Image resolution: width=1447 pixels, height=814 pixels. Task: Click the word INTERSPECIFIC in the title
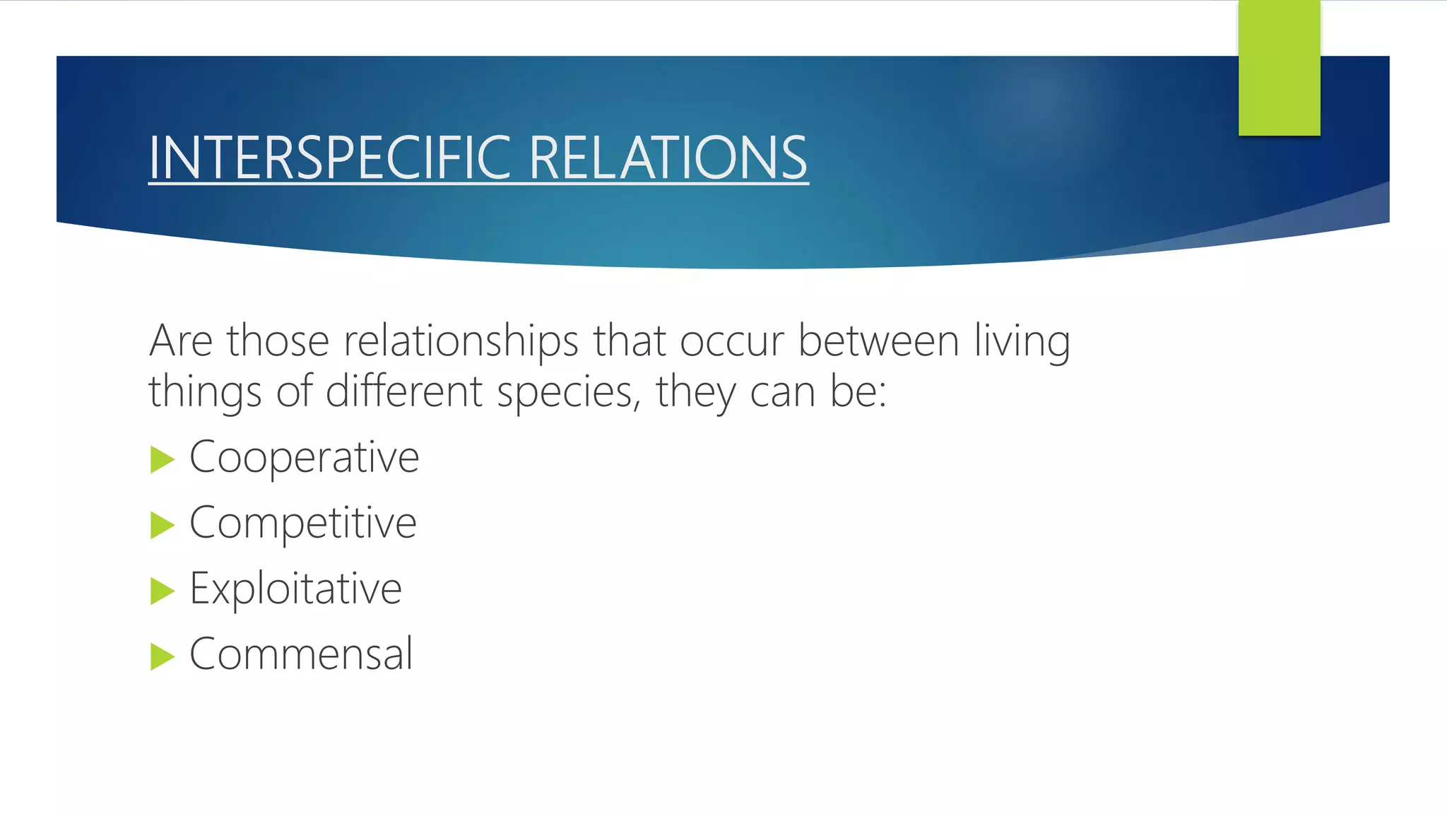point(329,158)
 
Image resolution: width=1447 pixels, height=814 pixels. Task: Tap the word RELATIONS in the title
point(668,158)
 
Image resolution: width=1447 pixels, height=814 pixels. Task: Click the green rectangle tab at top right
point(1279,68)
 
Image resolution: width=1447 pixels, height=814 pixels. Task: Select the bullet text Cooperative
point(304,457)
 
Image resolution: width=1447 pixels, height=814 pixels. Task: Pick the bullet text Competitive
point(302,523)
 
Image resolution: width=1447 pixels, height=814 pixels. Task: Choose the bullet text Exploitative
point(295,589)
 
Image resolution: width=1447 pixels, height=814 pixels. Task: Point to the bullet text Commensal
point(301,654)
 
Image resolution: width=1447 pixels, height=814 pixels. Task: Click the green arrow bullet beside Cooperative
point(162,459)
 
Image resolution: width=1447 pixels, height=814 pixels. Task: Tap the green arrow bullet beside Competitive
point(162,525)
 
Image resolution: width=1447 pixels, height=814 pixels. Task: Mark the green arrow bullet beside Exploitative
point(162,591)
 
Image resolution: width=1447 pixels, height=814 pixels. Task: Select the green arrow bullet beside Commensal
point(162,656)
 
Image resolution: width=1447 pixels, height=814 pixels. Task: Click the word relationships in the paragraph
point(461,341)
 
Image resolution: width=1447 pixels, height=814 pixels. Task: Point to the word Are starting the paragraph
point(180,341)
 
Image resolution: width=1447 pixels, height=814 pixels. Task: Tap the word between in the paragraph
point(878,341)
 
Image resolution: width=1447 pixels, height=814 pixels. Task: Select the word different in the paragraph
point(404,391)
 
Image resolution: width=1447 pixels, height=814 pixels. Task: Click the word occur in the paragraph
point(731,341)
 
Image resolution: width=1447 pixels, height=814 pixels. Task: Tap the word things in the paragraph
point(205,391)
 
